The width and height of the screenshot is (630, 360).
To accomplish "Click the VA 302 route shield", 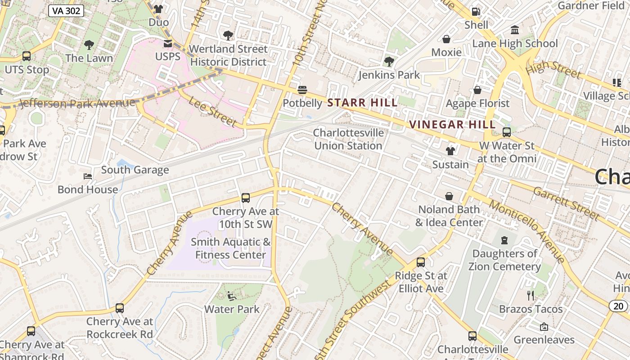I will (66, 11).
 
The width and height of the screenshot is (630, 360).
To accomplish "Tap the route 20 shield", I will (619, 306).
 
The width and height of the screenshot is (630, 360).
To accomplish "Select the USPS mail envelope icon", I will (168, 44).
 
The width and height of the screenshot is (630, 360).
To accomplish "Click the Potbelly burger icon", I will (302, 90).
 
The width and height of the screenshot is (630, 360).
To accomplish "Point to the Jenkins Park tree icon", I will (389, 62).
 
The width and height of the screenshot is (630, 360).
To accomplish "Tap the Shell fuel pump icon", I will (476, 12).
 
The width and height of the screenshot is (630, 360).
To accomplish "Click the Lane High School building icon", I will (515, 30).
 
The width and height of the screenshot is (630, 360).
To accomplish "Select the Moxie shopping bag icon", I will (446, 39).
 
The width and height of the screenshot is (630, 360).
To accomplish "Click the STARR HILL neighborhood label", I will (362, 103).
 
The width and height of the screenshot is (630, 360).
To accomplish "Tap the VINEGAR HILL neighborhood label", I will (452, 125).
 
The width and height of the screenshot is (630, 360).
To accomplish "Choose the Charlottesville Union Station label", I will (349, 139).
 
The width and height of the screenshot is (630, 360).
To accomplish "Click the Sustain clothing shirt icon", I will (450, 151).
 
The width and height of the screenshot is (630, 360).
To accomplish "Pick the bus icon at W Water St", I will (507, 132).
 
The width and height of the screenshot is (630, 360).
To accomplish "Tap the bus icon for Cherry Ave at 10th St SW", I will (246, 198).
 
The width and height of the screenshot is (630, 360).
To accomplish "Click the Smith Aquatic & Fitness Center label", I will (230, 248).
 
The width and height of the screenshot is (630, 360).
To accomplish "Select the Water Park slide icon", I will (232, 296).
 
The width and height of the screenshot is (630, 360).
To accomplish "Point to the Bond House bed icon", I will (88, 176).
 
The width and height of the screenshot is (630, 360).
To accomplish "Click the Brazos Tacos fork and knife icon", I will (531, 296).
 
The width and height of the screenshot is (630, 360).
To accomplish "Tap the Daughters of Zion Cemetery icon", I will (504, 240).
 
